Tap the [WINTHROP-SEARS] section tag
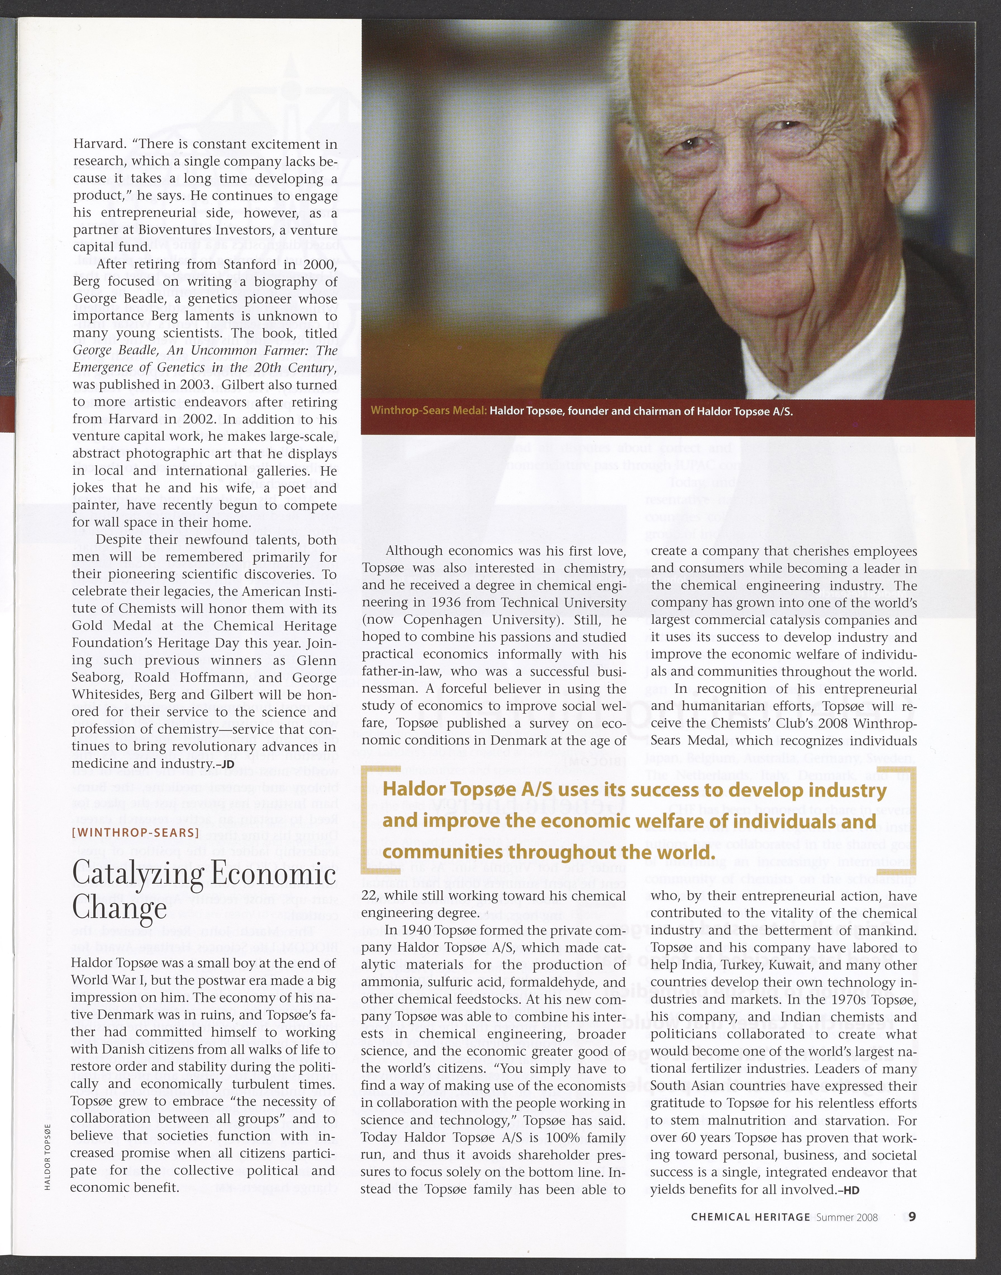[135, 832]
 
